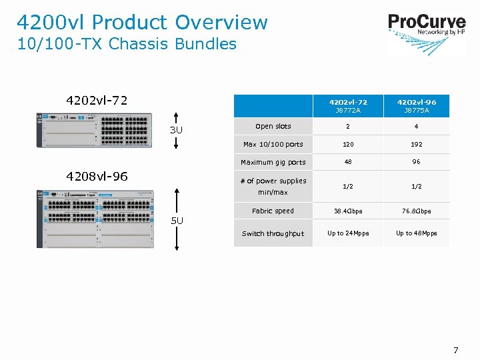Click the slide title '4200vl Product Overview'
click(142, 22)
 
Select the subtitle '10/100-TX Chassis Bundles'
click(127, 44)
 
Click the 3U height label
click(176, 130)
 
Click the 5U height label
click(176, 221)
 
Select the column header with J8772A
click(348, 106)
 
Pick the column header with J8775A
click(417, 106)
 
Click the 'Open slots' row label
click(273, 126)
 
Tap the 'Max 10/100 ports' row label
click(273, 144)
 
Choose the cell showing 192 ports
click(417, 144)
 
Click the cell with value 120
click(348, 144)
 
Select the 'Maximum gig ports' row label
click(273, 162)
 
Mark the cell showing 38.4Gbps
click(348, 211)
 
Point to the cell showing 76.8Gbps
click(417, 211)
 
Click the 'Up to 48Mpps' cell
click(417, 233)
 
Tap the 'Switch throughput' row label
click(273, 233)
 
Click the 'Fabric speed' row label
click(273, 211)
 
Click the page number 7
click(456, 350)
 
